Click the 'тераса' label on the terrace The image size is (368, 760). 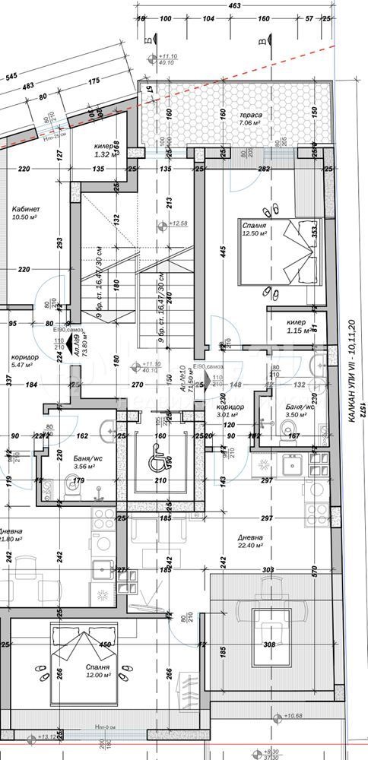250,113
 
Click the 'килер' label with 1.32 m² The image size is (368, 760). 104,145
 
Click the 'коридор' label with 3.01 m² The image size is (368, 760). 229,407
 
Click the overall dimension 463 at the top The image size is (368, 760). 234,6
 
